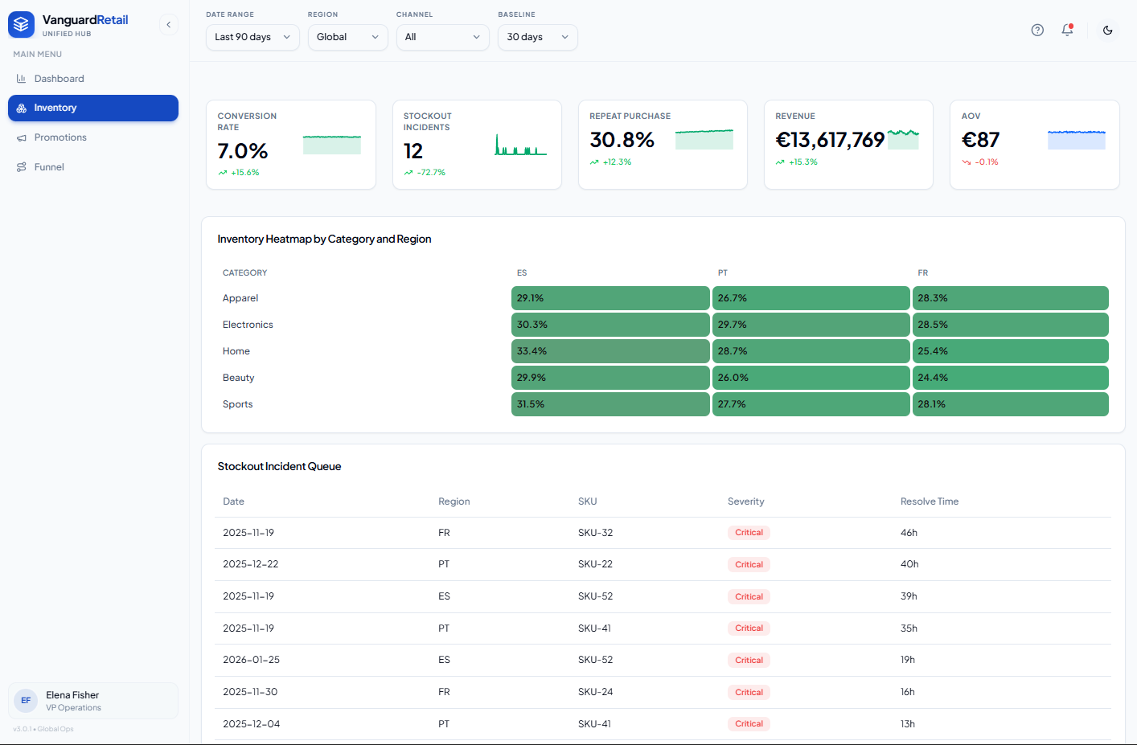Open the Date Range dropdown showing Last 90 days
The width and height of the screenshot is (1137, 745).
tap(252, 37)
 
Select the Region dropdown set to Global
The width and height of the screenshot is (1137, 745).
tap(347, 37)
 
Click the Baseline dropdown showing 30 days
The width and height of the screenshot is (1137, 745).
tap(537, 37)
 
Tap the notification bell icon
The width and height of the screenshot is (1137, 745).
tap(1068, 30)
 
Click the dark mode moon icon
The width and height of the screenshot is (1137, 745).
tap(1107, 31)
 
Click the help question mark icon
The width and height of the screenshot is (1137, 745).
tap(1037, 31)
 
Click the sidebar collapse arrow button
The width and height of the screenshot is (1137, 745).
tap(169, 24)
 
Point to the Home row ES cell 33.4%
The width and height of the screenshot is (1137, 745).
tap(610, 351)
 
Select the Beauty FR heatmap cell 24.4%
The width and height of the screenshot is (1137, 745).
tap(1010, 377)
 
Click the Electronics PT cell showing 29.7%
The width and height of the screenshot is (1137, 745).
tap(811, 325)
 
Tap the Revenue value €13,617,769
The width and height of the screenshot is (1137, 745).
tap(830, 140)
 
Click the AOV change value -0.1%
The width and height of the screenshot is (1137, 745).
tap(987, 162)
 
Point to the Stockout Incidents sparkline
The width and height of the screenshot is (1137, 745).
tap(521, 145)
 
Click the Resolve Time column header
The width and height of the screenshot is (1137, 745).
tap(930, 501)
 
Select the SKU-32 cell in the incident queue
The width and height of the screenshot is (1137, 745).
tap(595, 533)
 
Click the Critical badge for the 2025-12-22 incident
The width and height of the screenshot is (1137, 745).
tap(749, 564)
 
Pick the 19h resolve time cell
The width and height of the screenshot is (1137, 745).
tap(908, 660)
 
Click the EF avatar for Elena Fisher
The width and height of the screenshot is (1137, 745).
tap(26, 700)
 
